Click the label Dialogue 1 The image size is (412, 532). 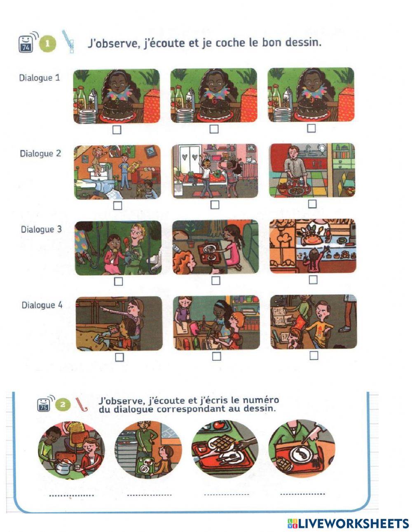[x=40, y=78]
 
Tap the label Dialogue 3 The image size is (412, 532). [x=41, y=230]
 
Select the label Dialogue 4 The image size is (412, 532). [x=42, y=305]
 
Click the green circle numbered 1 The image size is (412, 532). [x=47, y=44]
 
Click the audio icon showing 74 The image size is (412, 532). [x=26, y=44]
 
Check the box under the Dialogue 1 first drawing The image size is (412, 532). [x=117, y=130]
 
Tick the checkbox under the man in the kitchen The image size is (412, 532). [x=312, y=204]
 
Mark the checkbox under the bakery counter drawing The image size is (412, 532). [x=313, y=279]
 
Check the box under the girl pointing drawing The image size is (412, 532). [x=119, y=357]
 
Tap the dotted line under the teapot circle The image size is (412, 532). [x=71, y=495]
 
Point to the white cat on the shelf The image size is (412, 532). [x=251, y=160]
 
